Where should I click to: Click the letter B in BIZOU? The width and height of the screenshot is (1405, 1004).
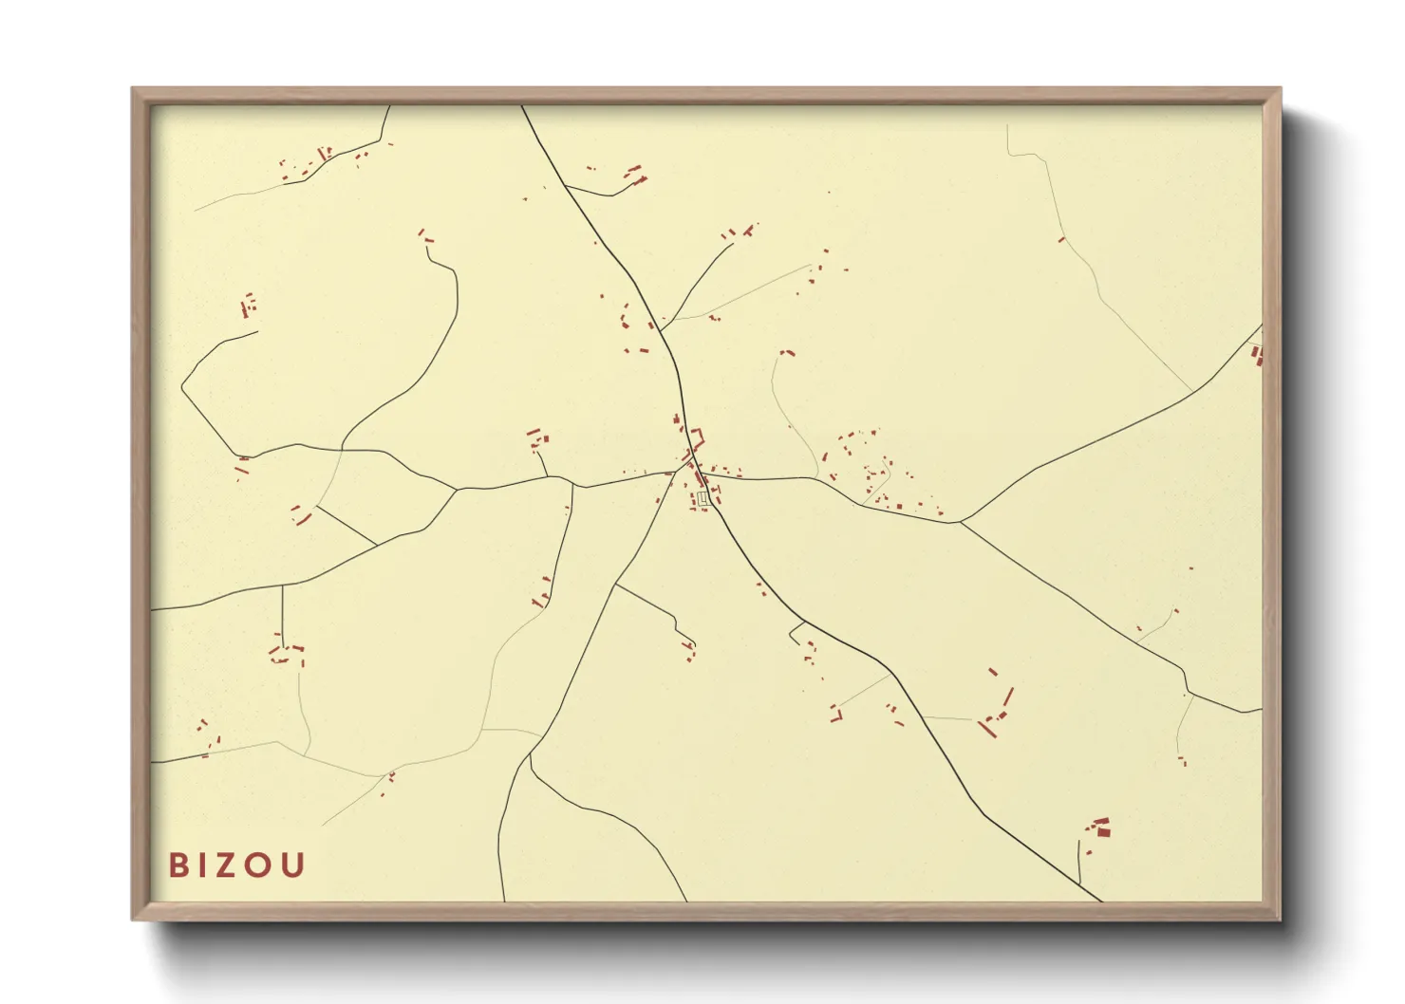(178, 865)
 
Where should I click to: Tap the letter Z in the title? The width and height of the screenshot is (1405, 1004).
(236, 865)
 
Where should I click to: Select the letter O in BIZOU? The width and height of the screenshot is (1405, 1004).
(265, 865)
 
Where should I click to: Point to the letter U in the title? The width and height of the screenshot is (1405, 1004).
(295, 865)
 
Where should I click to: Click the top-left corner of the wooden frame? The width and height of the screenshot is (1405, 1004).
(134, 89)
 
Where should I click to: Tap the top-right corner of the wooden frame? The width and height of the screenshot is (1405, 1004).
(1280, 89)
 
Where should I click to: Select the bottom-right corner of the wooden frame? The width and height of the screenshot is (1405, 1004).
(1280, 919)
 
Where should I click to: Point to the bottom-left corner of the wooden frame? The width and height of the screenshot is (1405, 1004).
(134, 919)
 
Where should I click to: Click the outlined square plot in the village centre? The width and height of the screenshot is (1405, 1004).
(702, 497)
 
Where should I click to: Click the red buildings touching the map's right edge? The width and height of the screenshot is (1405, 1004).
(1257, 355)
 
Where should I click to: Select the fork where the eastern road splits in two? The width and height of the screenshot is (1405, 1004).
(960, 521)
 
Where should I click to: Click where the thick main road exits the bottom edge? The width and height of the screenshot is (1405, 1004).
(1099, 899)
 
